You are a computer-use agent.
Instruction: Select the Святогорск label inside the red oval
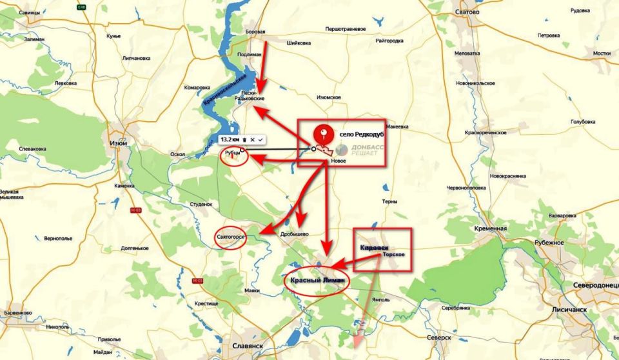pos(230,237)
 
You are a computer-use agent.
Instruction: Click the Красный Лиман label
pos(316,281)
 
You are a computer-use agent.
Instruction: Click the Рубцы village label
pos(233,155)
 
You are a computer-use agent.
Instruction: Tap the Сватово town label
pos(466,12)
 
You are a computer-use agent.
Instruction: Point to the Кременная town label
pos(492,228)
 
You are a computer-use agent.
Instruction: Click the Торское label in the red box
pos(394,255)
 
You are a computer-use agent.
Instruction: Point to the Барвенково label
pos(18,313)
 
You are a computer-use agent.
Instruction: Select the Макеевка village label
pos(397,126)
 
